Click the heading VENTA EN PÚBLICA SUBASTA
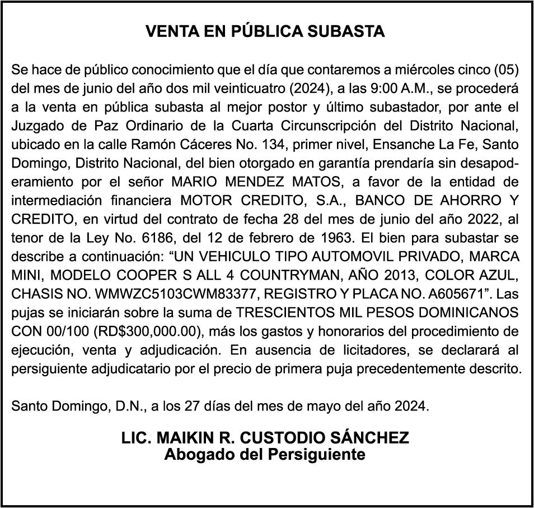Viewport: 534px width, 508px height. [x=265, y=31]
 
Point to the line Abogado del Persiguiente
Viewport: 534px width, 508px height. [x=265, y=454]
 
